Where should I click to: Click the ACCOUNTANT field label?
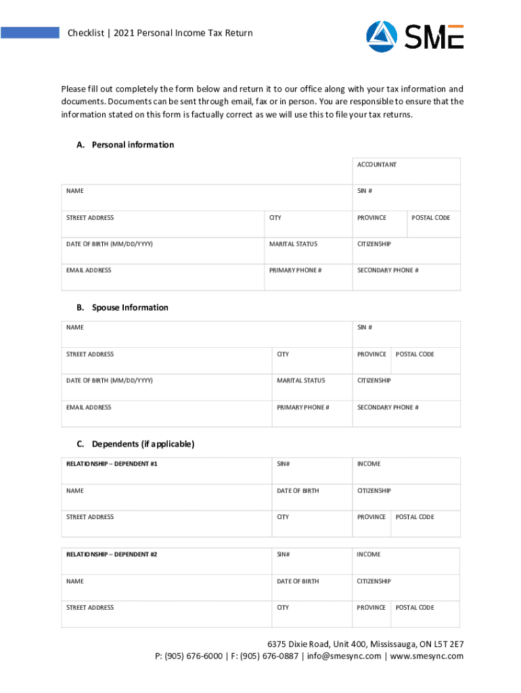377,164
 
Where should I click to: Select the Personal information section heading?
133,145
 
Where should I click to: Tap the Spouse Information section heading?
130,307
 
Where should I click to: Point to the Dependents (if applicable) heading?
143,444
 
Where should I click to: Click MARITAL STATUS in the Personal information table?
293,244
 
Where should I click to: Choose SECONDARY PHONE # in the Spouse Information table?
388,407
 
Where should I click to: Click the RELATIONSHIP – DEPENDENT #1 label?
112,464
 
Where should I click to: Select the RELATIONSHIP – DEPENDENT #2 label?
112,554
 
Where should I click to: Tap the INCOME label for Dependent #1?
369,464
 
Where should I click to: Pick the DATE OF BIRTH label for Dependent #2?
298,581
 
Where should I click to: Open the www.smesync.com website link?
426,656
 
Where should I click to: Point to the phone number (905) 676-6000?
194,656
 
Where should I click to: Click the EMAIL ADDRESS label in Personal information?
89,270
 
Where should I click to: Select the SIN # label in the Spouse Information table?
365,328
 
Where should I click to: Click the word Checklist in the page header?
87,32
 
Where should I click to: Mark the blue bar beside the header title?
30,32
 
